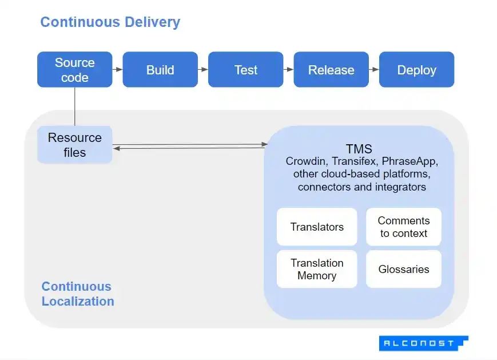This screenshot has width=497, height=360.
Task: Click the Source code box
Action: tap(74, 70)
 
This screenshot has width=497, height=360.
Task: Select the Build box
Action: tap(160, 70)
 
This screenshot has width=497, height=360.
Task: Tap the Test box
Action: tap(245, 70)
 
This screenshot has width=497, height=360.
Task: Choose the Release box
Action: tap(331, 70)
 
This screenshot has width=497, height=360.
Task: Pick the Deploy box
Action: tap(416, 70)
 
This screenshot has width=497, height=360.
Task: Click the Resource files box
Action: tap(74, 145)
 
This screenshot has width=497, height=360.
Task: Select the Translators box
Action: tap(317, 227)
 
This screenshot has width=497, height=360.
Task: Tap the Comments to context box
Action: tap(404, 227)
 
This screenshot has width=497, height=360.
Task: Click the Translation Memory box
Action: tap(317, 269)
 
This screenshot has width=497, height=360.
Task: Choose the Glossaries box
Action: tap(404, 269)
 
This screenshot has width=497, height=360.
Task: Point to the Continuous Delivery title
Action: tap(110, 22)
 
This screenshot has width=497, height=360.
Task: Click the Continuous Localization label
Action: tap(78, 294)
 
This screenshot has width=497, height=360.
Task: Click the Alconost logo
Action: tap(423, 343)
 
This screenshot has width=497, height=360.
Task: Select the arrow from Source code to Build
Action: tap(117, 70)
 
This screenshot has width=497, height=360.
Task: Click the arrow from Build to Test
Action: tap(203, 70)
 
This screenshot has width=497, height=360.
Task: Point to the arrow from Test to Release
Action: tap(288, 70)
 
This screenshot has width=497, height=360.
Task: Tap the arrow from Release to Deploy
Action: tap(374, 70)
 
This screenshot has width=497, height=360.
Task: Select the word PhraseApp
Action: tap(409, 161)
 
